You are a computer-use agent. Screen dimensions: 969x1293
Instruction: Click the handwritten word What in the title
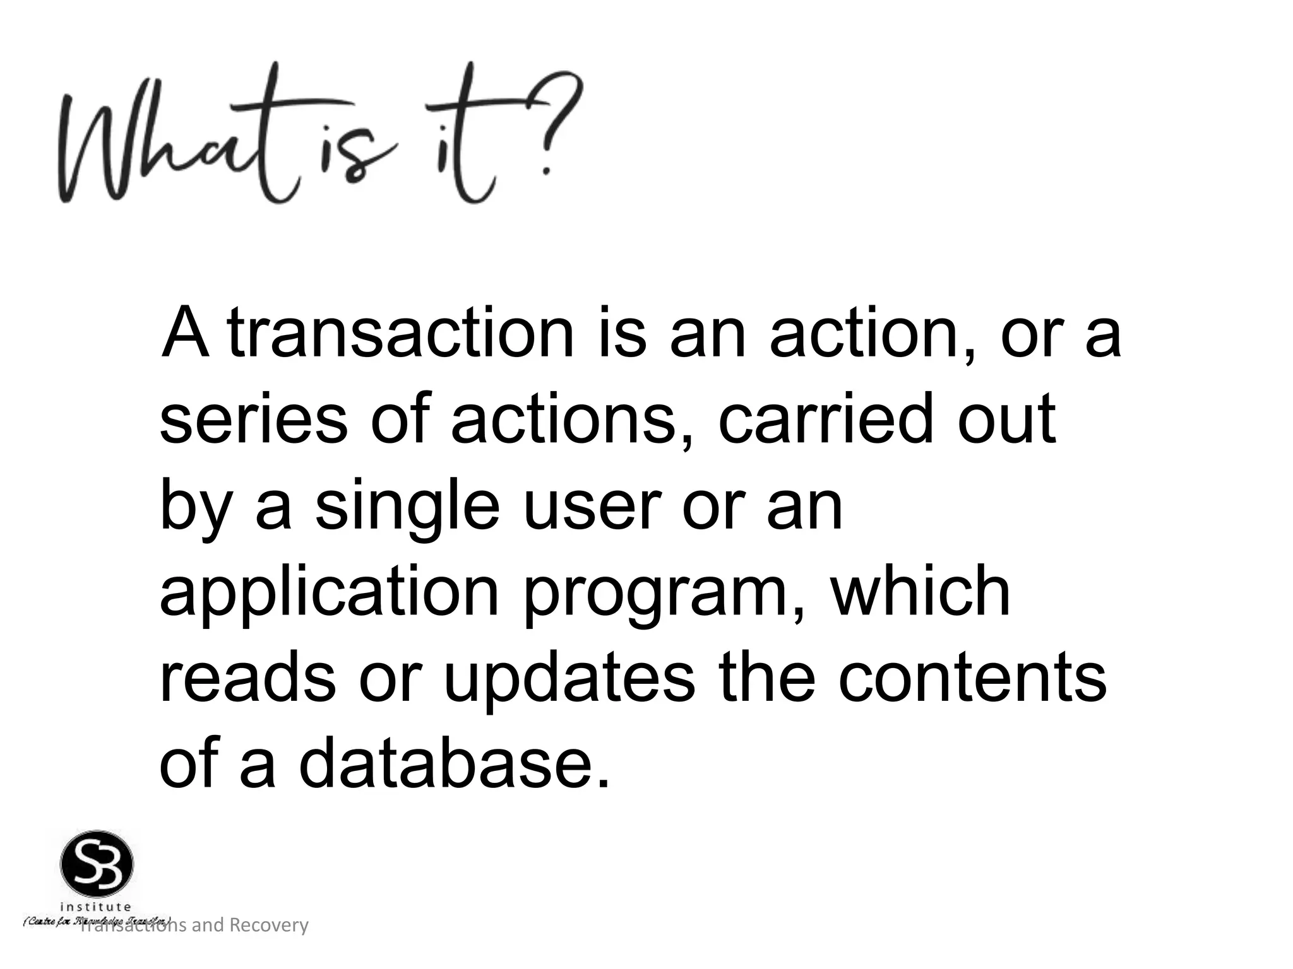coord(170,148)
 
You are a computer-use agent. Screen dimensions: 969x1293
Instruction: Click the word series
coord(253,420)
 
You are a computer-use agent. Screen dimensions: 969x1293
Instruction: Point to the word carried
coord(825,420)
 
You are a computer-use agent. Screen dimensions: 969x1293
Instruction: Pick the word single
coord(407,508)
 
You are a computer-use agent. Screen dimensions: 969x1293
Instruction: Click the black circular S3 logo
coord(97,866)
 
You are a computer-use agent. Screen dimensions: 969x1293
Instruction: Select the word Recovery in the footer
coord(268,925)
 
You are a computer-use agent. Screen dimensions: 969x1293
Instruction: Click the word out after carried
coord(1006,420)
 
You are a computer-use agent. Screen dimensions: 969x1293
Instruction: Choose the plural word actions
coord(563,420)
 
